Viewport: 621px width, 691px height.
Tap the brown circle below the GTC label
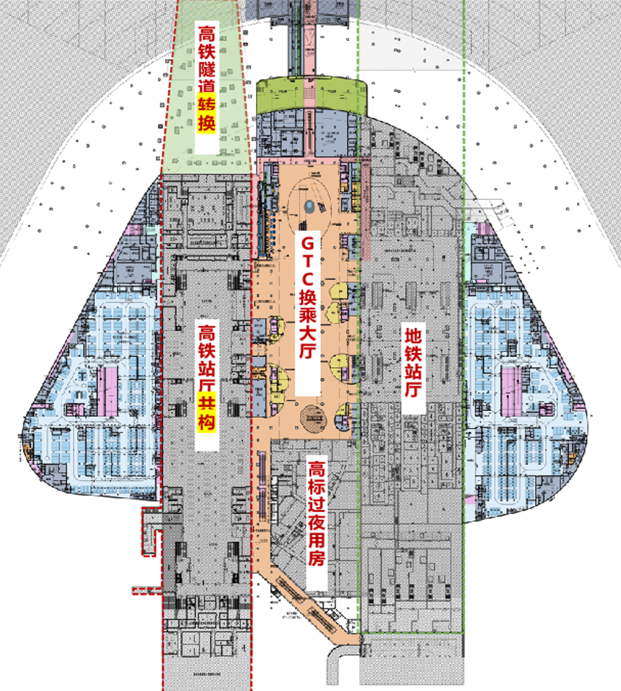click(312, 417)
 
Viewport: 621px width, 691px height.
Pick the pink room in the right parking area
click(511, 391)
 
